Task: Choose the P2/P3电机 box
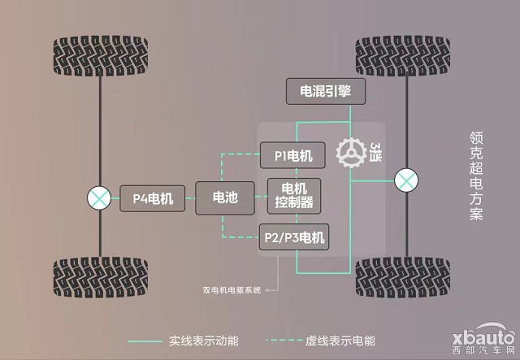(x=293, y=237)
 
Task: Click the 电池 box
(x=225, y=197)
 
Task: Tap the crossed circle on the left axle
(x=100, y=197)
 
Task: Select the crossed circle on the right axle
(x=404, y=180)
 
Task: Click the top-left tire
(x=100, y=56)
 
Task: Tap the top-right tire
(x=403, y=56)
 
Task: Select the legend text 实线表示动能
(x=198, y=340)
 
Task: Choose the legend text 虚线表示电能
(x=348, y=340)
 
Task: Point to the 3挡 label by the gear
(x=376, y=151)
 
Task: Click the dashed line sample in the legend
(x=286, y=340)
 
